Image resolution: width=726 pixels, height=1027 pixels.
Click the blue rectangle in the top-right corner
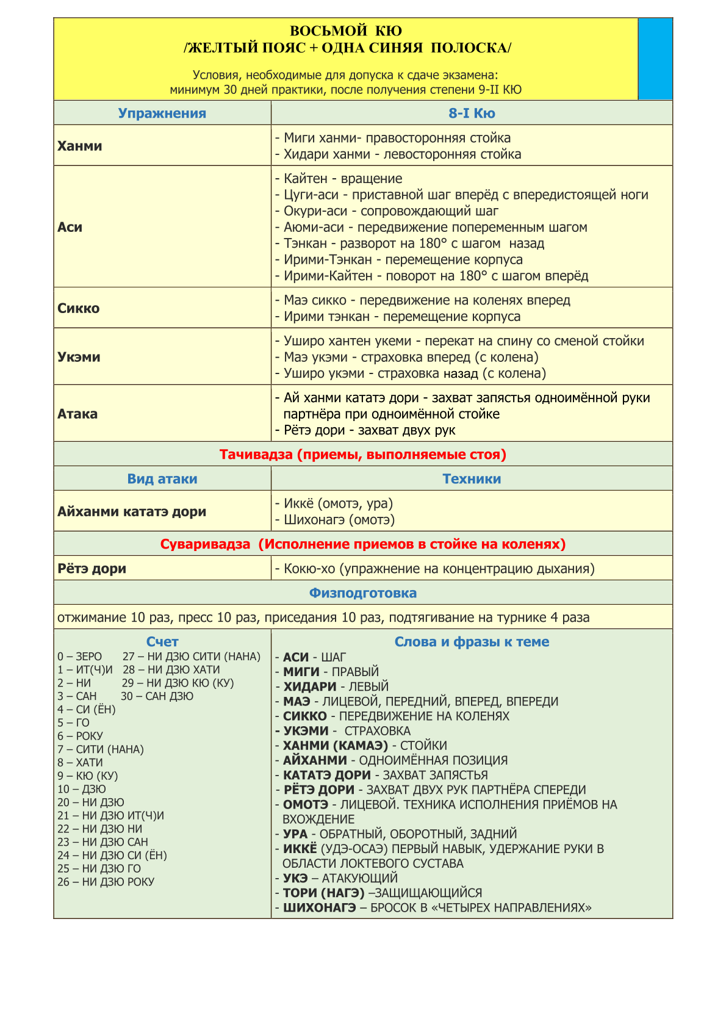(x=655, y=59)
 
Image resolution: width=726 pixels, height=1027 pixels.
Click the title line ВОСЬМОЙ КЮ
(x=345, y=31)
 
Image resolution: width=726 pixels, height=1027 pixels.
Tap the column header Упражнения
(x=162, y=114)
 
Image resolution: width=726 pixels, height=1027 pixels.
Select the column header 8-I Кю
(x=472, y=114)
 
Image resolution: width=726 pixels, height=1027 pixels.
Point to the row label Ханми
(x=80, y=146)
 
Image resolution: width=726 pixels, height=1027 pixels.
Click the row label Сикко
(x=79, y=308)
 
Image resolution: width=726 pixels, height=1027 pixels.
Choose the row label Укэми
(x=79, y=357)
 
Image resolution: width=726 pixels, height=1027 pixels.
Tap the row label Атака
(x=77, y=414)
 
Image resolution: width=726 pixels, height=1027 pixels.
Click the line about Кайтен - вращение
(x=343, y=179)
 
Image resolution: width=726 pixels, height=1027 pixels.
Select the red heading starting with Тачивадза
(x=362, y=455)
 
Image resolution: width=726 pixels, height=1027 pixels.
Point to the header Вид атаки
(x=162, y=479)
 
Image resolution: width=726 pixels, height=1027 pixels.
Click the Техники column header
(x=472, y=479)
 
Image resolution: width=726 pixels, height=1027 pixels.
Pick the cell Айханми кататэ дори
(x=132, y=511)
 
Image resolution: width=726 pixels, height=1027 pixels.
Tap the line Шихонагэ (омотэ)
(x=339, y=520)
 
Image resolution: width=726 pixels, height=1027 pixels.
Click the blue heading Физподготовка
(x=362, y=593)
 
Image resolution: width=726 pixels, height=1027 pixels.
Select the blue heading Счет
(x=162, y=642)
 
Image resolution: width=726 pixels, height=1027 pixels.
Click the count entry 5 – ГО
(x=74, y=723)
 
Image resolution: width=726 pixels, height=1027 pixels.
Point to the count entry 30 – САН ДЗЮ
(x=157, y=696)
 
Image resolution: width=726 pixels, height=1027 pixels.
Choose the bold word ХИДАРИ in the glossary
(x=309, y=686)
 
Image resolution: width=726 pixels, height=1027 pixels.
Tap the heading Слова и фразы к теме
(x=472, y=642)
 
